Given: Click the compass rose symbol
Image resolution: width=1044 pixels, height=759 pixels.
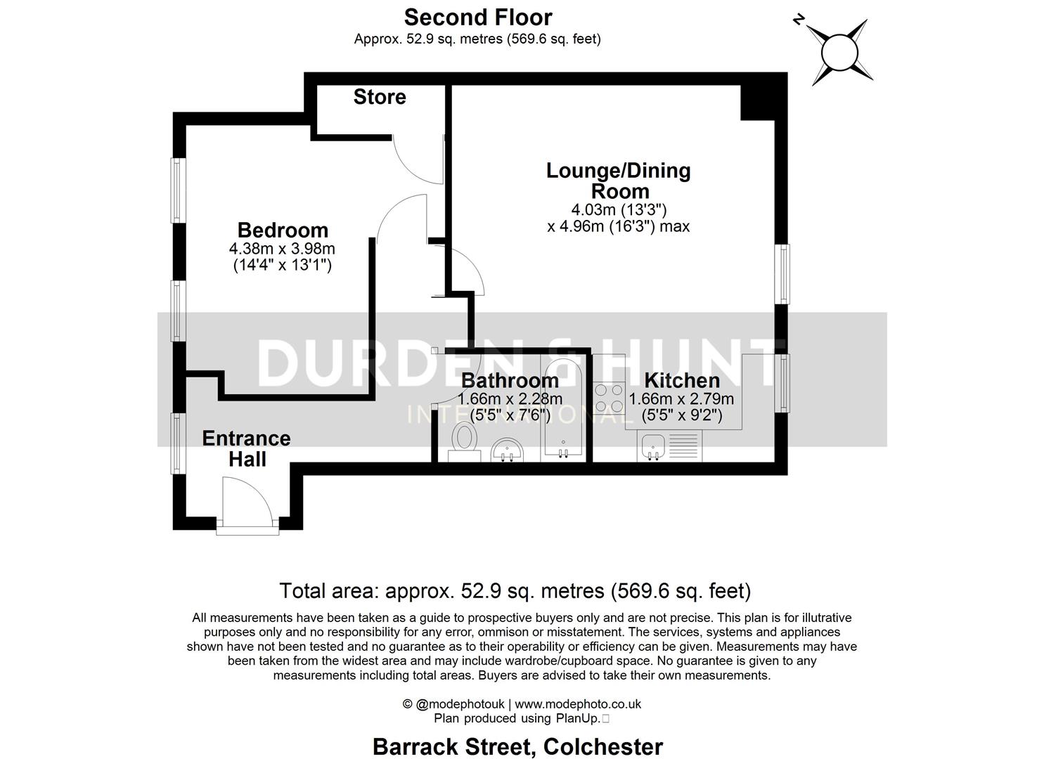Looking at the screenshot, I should [x=837, y=51].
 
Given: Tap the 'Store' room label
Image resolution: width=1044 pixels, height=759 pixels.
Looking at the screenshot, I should [x=380, y=97].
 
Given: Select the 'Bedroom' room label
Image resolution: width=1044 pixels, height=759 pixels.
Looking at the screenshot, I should [x=283, y=230].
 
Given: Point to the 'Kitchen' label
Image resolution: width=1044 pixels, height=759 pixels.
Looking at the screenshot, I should [x=682, y=380].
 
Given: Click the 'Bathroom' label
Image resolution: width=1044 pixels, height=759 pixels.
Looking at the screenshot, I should [x=510, y=380].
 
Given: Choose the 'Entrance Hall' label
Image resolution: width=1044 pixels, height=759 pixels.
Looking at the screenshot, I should [x=246, y=448].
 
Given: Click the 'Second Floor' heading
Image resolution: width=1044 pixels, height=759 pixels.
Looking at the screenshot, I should [x=478, y=17].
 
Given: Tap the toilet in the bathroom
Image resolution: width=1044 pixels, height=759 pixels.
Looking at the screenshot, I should [x=464, y=440].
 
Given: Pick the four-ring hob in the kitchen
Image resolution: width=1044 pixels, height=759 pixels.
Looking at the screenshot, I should [x=609, y=397].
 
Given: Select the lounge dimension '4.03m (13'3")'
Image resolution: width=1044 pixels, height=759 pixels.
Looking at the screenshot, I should [x=619, y=209].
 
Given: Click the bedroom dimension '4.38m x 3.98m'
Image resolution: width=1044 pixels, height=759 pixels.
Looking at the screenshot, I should [x=282, y=248].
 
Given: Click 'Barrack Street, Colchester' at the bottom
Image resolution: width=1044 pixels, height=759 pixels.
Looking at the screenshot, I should [x=517, y=746].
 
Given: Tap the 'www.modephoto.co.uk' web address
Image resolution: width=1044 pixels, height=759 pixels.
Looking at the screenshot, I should [x=578, y=703].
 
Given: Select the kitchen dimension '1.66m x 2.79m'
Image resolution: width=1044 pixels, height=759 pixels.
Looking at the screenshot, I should [x=681, y=399].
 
